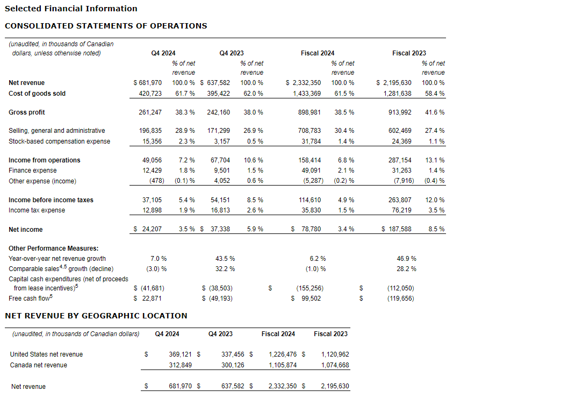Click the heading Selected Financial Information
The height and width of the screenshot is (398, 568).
click(71, 9)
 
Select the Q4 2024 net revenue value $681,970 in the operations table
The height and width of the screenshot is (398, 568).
click(147, 83)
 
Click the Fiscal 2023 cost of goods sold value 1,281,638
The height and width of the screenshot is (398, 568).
click(397, 94)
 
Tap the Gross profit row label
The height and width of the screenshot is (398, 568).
click(27, 112)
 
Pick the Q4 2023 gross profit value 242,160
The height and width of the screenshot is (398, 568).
click(219, 112)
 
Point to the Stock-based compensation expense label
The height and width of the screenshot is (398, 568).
click(59, 141)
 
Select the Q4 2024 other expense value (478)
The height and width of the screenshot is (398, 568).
click(154, 181)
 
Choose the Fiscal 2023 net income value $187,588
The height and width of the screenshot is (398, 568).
click(397, 230)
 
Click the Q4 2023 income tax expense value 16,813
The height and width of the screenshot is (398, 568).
click(219, 210)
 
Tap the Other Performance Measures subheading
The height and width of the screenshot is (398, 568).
click(54, 248)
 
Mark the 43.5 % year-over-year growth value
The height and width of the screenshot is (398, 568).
click(225, 259)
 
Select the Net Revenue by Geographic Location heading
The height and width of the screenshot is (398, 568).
click(96, 316)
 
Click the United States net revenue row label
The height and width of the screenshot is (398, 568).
click(46, 354)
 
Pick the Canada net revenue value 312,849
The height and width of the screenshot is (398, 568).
click(180, 365)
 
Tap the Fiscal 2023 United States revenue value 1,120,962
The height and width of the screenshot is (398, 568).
click(335, 354)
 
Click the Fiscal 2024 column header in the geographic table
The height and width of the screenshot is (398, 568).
click(278, 334)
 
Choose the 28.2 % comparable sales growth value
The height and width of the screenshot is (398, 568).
click(406, 269)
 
